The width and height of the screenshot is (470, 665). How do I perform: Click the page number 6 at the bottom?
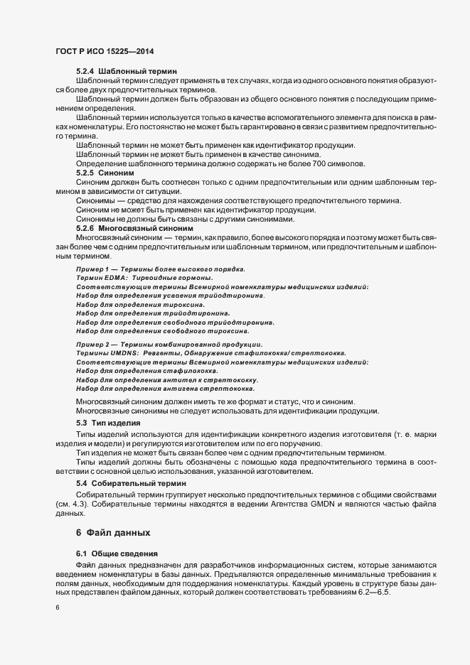[57, 609]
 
